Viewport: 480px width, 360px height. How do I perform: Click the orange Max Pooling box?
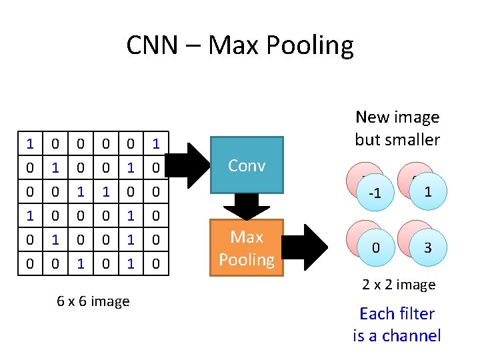[x=246, y=248]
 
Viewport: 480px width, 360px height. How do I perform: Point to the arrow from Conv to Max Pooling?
[x=246, y=207]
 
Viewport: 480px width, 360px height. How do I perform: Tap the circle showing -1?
[x=376, y=194]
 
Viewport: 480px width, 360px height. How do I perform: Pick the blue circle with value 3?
[x=427, y=248]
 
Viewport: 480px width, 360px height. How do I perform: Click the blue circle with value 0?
[x=376, y=249]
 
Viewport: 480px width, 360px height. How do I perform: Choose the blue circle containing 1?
[x=427, y=191]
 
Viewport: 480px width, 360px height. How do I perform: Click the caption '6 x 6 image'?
[x=93, y=301]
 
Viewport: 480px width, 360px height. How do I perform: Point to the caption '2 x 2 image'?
[x=399, y=285]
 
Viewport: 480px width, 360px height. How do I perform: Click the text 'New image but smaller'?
[x=397, y=128]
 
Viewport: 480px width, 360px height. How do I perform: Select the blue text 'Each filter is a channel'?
[x=397, y=324]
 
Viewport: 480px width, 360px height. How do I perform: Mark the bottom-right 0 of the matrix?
[x=155, y=265]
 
